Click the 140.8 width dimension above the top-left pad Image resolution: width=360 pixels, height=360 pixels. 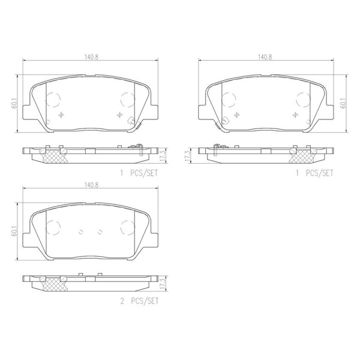click(x=91, y=57)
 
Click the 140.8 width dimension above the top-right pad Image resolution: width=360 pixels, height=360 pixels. click(x=265, y=57)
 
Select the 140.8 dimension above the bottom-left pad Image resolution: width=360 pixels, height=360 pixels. click(x=91, y=185)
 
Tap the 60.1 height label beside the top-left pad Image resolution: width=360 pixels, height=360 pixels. click(x=14, y=103)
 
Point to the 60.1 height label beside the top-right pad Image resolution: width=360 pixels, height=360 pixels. click(x=344, y=103)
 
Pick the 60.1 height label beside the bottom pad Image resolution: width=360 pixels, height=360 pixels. click(x=14, y=231)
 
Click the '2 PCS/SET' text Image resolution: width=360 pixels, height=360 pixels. click(x=139, y=301)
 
